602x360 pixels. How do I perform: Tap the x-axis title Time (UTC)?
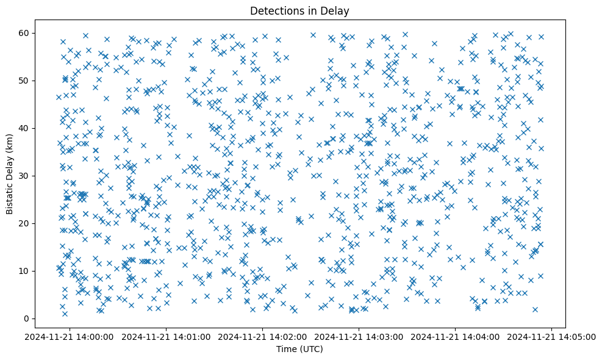tap(300, 349)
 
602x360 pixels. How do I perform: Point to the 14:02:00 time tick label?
tap(263, 336)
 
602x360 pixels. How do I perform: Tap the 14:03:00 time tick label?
tap(359, 336)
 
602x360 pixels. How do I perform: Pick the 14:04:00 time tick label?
tap(456, 336)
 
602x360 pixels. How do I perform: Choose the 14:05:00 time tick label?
tap(552, 336)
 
